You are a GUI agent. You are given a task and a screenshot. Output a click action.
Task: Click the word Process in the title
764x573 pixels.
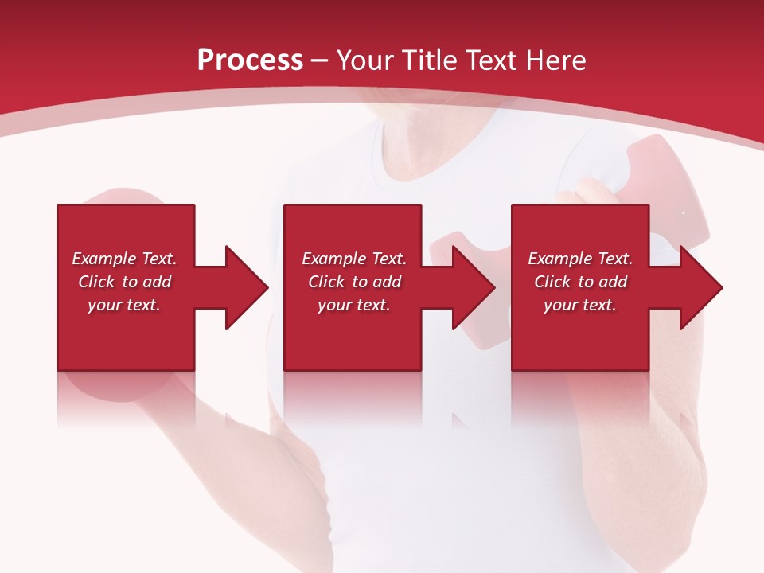point(250,60)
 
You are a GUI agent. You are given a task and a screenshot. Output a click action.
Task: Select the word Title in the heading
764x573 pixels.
point(429,60)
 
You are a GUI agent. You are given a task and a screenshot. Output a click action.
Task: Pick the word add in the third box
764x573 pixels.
point(613,282)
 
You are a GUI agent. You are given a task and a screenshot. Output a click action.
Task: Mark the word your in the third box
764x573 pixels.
point(561,305)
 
